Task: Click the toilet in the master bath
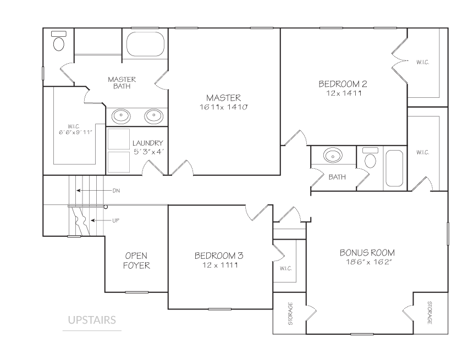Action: pos(59,41)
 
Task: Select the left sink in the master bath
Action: pos(121,116)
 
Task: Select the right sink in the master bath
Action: pos(154,116)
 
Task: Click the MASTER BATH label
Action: pos(122,83)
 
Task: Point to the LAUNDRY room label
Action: pos(148,143)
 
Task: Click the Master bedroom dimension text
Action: pos(224,107)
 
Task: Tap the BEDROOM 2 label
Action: pos(343,84)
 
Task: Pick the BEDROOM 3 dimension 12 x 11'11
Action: pos(220,265)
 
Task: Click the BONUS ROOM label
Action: pos(367,252)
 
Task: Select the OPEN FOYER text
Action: pos(136,261)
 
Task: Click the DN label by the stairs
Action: pos(116,191)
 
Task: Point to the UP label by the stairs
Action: pos(116,220)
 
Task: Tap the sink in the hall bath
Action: pos(333,156)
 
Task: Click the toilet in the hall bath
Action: pos(370,158)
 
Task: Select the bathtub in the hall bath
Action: pos(394,168)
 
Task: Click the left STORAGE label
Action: pos(290,313)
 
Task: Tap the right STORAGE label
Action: pos(429,313)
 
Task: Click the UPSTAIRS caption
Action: pos(92,320)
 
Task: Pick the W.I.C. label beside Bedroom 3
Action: pos(286,268)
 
